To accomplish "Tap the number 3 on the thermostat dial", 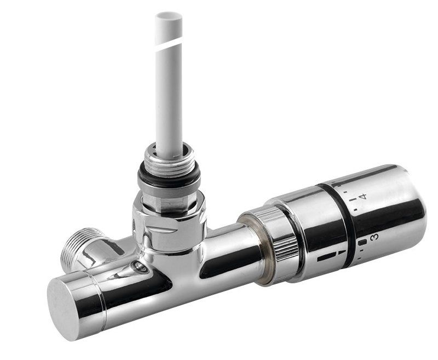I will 374,237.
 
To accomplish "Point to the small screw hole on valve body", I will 140,266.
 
